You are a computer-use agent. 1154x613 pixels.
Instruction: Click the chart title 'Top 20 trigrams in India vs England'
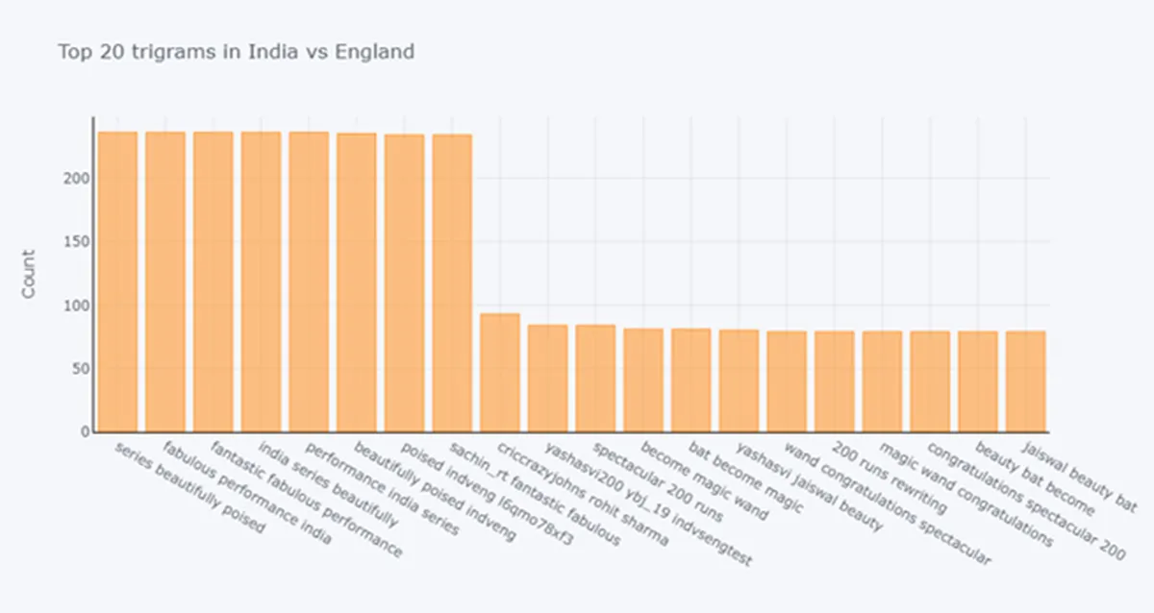coord(237,52)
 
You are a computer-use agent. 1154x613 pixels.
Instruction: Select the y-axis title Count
coord(29,274)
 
